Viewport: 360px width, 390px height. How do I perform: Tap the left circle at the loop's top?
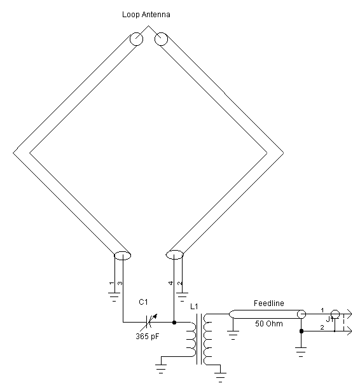137,39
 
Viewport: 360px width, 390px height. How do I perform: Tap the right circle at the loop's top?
160,39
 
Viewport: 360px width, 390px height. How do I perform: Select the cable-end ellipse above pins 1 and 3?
122,256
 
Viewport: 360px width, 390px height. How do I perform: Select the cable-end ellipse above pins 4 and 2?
175,255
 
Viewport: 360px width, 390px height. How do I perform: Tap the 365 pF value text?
148,337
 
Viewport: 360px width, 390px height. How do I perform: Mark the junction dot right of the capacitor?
174,323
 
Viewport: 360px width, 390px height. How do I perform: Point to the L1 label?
195,307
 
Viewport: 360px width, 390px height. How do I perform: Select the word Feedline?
270,303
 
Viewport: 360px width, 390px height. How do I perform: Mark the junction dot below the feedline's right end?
301,331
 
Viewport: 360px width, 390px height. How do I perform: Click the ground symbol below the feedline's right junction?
301,349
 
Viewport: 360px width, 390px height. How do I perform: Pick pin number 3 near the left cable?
119,282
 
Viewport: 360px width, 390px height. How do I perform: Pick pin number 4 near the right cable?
171,282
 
